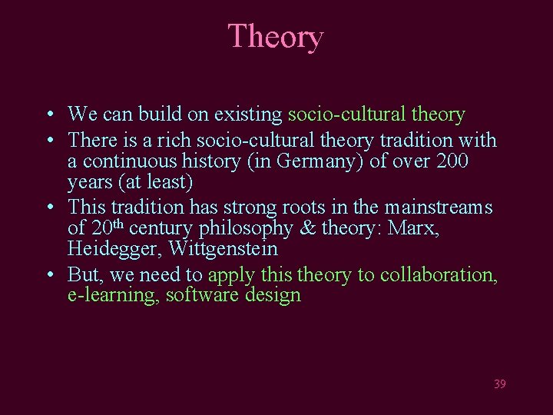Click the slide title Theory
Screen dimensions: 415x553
pyautogui.click(x=276, y=37)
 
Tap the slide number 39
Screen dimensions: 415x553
pyautogui.click(x=499, y=383)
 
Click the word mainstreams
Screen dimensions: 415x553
pyautogui.click(x=439, y=207)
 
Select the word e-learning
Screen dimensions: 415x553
pyautogui.click(x=112, y=296)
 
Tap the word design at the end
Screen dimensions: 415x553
pyautogui.click(x=274, y=296)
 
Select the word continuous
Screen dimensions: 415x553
pyautogui.click(x=127, y=162)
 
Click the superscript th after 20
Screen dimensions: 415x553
pyautogui.click(x=118, y=224)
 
